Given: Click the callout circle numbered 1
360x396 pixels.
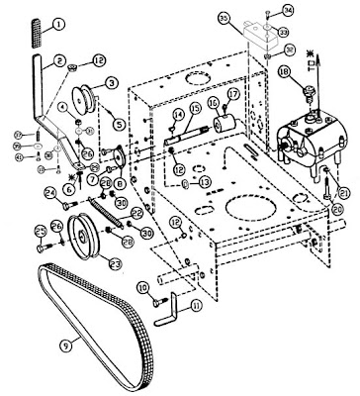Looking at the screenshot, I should (x=58, y=22).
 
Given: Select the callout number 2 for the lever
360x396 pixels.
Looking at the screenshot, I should (x=60, y=61).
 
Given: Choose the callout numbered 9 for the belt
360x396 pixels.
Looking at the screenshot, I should (x=66, y=346).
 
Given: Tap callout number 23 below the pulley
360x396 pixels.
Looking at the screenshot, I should (x=115, y=263).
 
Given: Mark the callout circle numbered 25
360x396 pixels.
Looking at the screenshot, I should (x=41, y=231).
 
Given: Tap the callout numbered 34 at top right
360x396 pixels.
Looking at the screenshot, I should (x=288, y=10).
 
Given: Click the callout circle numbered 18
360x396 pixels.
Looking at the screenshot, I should (x=284, y=72).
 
